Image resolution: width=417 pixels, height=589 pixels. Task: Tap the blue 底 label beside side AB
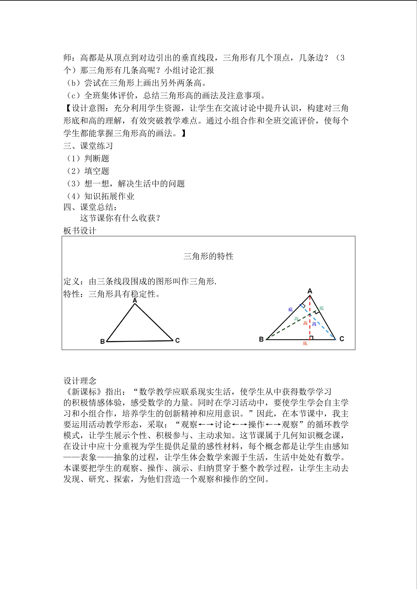290,309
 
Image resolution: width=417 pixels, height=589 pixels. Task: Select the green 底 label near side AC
322,308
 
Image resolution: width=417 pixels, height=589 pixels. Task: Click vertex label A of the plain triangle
135,300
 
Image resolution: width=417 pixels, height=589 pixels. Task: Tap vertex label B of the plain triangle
102,341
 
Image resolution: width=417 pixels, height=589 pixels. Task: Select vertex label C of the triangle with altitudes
342,339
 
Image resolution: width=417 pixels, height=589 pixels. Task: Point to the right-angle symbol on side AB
303,306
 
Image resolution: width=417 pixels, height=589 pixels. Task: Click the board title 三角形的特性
208,256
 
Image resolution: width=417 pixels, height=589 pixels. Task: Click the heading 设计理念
80,381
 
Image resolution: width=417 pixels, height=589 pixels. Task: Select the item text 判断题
97,158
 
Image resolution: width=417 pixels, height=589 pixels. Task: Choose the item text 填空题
97,171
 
